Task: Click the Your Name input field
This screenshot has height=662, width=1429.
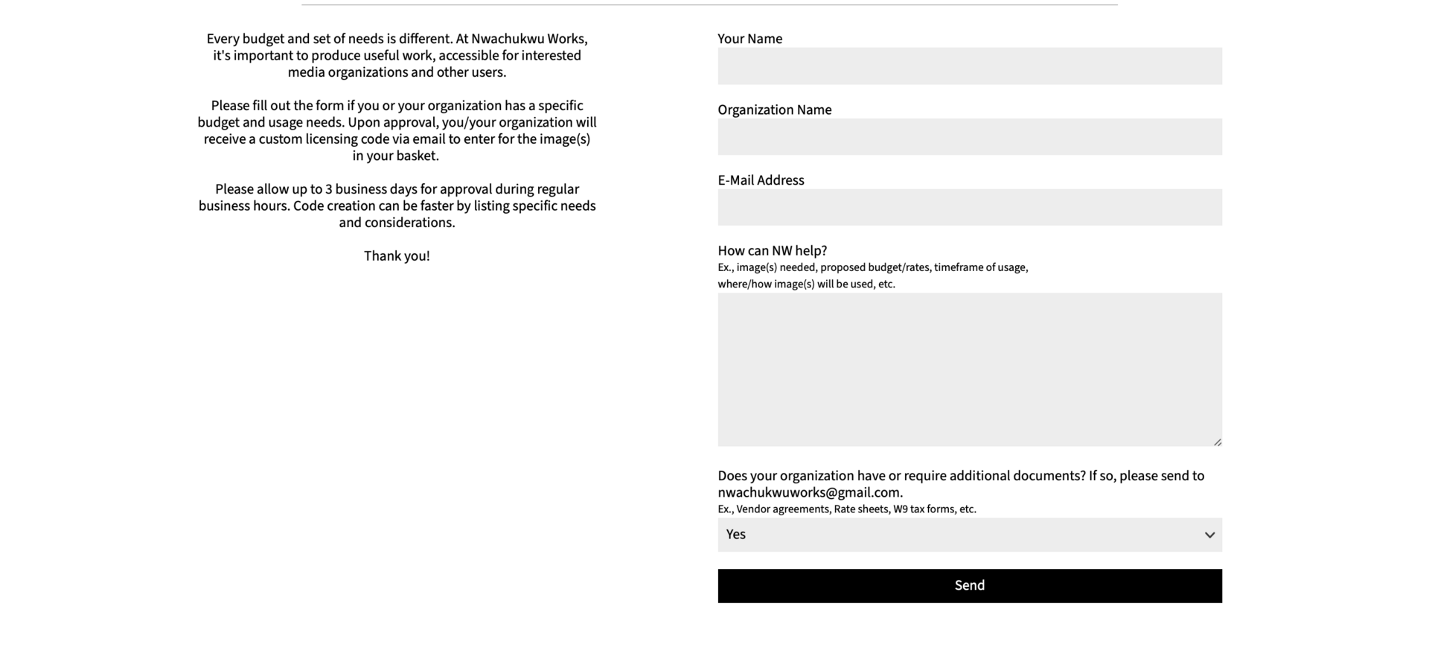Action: (969, 66)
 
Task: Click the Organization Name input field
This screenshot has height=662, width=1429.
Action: (969, 137)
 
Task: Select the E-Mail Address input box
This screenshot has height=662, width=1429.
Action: (969, 207)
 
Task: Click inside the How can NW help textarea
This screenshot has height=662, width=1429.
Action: (969, 369)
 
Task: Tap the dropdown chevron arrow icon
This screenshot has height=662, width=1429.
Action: (1209, 535)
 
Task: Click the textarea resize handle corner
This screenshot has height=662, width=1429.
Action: (1218, 442)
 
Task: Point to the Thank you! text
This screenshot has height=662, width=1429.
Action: (397, 256)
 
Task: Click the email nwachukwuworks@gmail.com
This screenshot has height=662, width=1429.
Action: (809, 493)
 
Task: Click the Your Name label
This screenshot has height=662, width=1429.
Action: (749, 39)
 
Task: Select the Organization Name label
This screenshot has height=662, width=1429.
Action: (774, 110)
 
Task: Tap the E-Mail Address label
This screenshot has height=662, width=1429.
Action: (761, 180)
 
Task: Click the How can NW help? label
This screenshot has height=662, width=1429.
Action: (772, 251)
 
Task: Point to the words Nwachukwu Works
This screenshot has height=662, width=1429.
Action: (528, 39)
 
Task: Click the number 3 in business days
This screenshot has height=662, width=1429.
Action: (328, 190)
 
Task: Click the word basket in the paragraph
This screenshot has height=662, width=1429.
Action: (418, 156)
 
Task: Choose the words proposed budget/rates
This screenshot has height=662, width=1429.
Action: (875, 267)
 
